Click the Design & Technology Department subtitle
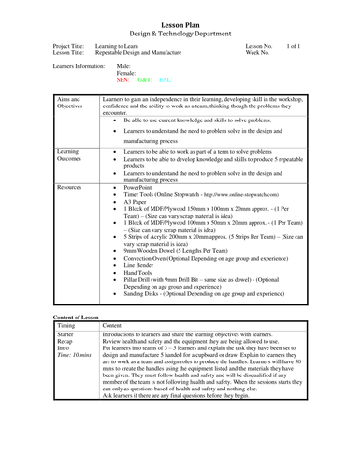point(180,27)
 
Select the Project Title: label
point(74,44)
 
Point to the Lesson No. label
point(259,44)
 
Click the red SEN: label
point(123,81)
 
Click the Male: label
point(123,66)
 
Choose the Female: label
point(126,74)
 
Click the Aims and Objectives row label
point(69,104)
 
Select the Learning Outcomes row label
point(68,154)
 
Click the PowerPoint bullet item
point(137,187)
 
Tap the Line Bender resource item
point(139,264)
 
